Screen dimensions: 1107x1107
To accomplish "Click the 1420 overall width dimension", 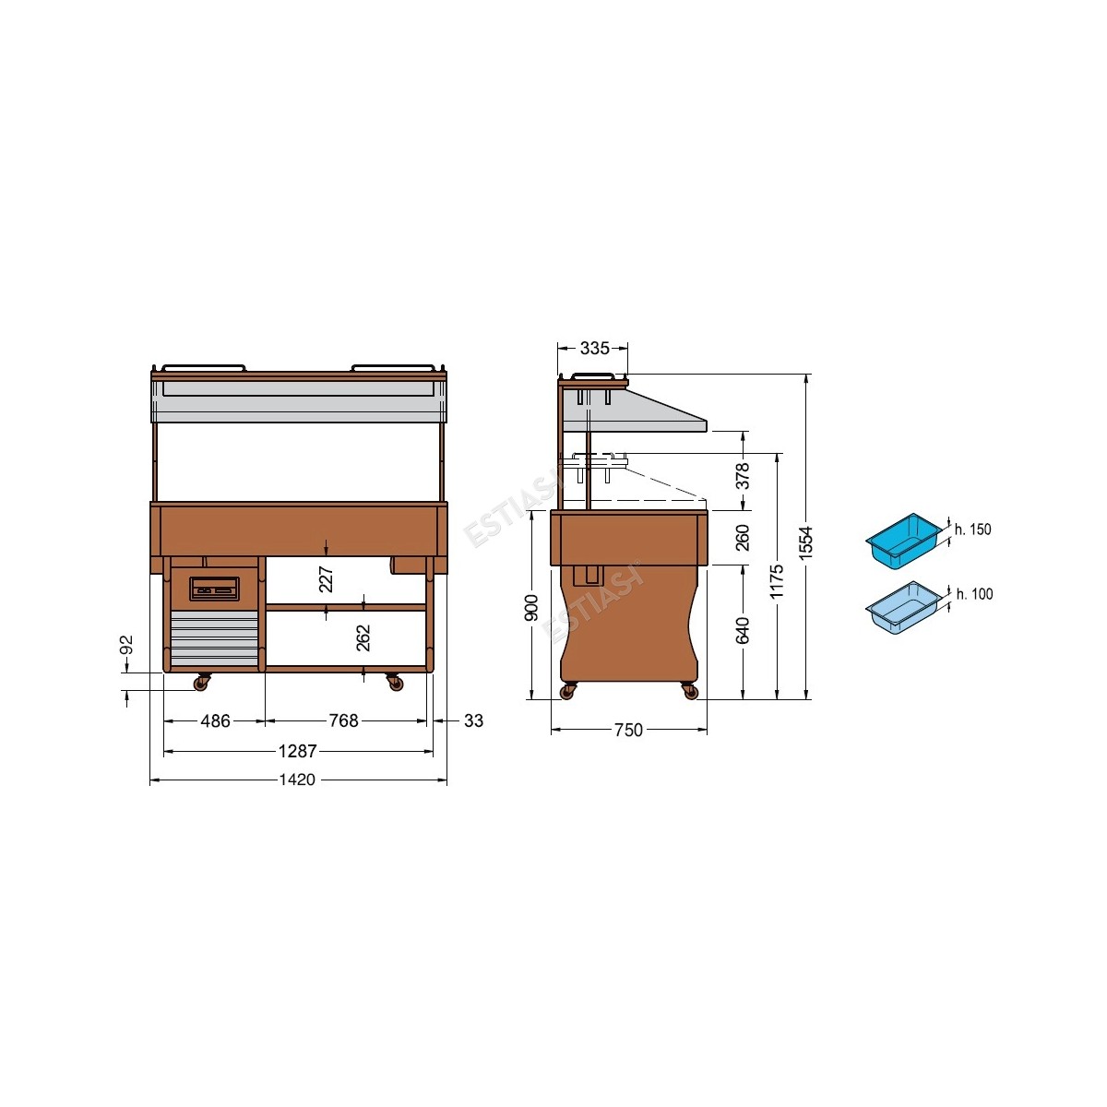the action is tap(297, 780).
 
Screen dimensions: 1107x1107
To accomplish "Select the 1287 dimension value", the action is tap(297, 751).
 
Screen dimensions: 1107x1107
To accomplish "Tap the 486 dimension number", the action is tap(216, 720).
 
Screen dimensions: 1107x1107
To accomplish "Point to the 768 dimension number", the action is tap(343, 720).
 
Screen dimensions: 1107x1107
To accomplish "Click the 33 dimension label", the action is tap(473, 720).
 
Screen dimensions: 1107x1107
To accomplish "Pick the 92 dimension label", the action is tap(127, 645).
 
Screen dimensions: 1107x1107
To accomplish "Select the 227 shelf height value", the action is tap(326, 579).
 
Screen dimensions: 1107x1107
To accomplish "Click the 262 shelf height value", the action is tap(363, 637).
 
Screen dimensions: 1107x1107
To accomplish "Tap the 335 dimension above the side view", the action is tap(594, 348).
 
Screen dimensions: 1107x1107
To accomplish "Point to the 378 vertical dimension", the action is tap(743, 476).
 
